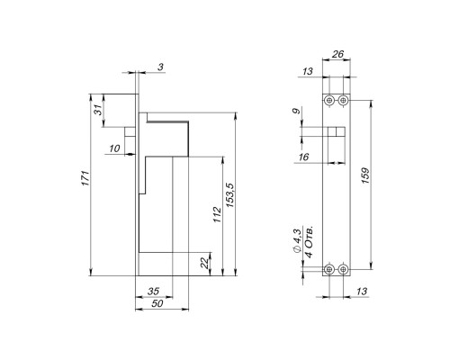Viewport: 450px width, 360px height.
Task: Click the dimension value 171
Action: [85, 178]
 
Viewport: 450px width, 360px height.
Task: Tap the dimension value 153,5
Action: [230, 195]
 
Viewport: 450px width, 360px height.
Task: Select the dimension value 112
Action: [217, 214]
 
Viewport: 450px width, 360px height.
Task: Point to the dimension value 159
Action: [365, 175]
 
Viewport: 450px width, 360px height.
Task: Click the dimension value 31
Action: [98, 111]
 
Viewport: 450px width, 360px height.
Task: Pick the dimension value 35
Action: [153, 291]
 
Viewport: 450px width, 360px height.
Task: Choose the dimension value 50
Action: [157, 303]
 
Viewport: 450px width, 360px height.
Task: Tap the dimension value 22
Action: [204, 263]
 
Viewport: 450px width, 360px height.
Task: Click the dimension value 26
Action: [337, 54]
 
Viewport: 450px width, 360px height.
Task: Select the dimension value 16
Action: [304, 157]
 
